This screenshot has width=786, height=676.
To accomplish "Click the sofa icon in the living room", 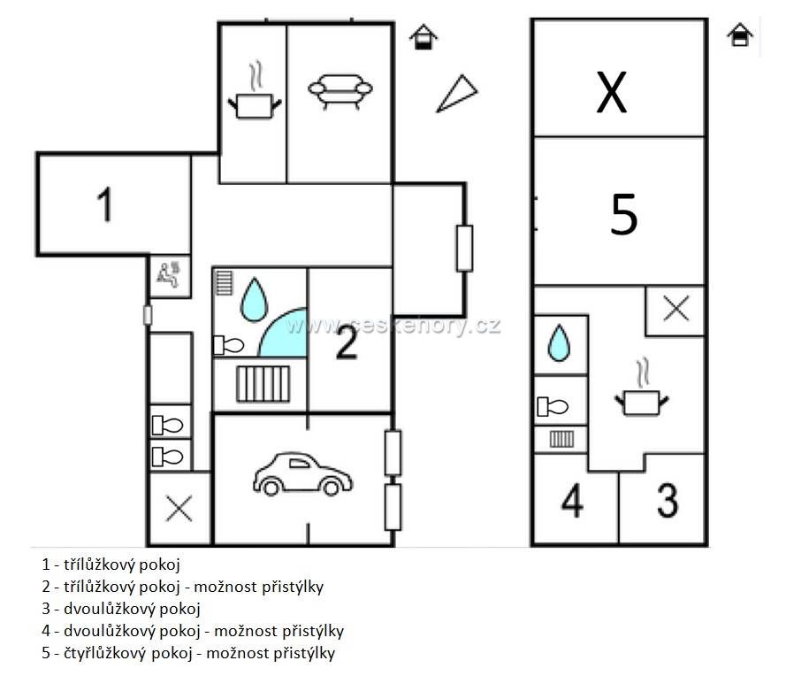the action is [340, 91].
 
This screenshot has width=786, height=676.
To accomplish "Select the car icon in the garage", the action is [302, 474].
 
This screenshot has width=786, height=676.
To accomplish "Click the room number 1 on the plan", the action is [104, 204].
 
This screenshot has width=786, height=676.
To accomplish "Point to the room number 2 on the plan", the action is [347, 342].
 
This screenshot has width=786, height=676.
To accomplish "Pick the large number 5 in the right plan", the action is [624, 215].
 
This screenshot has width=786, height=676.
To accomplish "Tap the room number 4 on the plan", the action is [572, 500].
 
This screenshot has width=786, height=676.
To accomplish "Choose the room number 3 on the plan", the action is [668, 500].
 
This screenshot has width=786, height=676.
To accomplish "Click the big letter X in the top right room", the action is [612, 92].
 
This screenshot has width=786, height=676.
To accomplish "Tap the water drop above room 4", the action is [559, 343].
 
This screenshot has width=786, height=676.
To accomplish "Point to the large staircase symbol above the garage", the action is [263, 384].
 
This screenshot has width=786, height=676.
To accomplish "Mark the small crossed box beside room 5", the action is [675, 310].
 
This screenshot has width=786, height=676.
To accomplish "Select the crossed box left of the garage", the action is [179, 509].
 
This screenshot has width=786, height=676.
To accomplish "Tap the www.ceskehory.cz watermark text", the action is [393, 325].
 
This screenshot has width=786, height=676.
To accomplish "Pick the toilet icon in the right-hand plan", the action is [553, 406].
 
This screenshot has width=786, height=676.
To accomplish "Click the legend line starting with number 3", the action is [121, 609].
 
